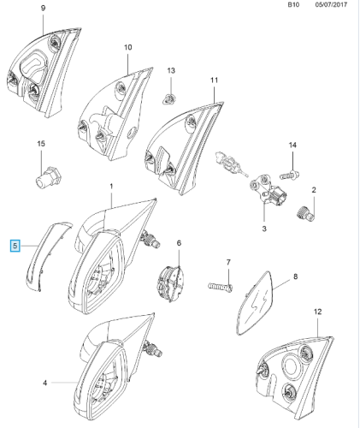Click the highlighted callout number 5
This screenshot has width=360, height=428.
[x=15, y=246]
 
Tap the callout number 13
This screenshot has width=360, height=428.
[x=171, y=70]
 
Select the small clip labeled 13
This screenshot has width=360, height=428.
[x=170, y=99]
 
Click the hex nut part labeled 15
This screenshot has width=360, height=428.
[x=49, y=177]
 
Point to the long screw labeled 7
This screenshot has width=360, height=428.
[x=221, y=286]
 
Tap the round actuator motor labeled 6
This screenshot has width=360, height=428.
[x=171, y=283]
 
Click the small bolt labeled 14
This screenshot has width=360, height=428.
[x=289, y=175]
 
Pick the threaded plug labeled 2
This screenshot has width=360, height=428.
[x=305, y=214]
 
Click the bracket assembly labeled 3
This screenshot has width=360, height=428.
[x=268, y=190]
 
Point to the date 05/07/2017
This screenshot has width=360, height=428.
[x=331, y=5]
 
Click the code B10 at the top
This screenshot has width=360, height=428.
[x=293, y=5]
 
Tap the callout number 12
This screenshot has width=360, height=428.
[x=317, y=312]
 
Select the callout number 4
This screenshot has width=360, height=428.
[x=44, y=383]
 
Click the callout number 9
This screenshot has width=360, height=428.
[x=43, y=8]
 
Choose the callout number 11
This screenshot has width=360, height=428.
[x=215, y=80]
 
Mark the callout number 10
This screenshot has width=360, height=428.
[x=128, y=47]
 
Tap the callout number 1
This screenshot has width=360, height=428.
[x=111, y=187]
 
